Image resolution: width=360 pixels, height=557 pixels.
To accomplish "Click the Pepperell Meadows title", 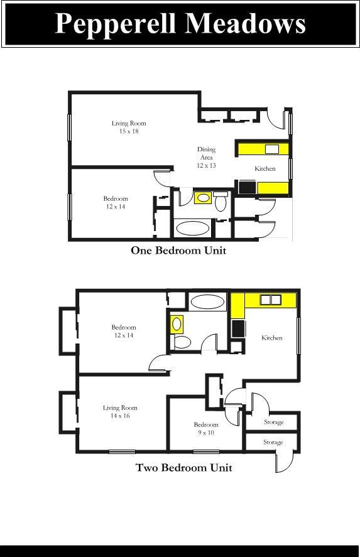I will pyautogui.click(x=180, y=24).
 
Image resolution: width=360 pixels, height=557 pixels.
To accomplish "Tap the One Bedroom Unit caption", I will pyautogui.click(x=178, y=251).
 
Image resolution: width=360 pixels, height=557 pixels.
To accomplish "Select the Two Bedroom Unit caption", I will pyautogui.click(x=184, y=468).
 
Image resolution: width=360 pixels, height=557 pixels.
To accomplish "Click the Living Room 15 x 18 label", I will pyautogui.click(x=129, y=127).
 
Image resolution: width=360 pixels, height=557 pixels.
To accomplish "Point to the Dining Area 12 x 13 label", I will pyautogui.click(x=206, y=157).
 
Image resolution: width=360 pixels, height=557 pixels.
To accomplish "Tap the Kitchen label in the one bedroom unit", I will pyautogui.click(x=265, y=169).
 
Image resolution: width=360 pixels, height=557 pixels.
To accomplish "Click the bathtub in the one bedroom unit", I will pyautogui.click(x=192, y=228).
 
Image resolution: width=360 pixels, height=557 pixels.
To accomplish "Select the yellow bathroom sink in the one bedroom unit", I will pyautogui.click(x=203, y=198).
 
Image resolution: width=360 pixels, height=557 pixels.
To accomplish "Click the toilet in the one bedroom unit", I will pyautogui.click(x=221, y=202).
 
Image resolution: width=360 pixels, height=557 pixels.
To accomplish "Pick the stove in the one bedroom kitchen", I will pyautogui.click(x=246, y=188).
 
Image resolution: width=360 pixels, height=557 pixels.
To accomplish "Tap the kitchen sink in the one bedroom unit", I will pyautogui.click(x=271, y=149).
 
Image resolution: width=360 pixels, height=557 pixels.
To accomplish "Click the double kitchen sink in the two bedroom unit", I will pyautogui.click(x=270, y=300).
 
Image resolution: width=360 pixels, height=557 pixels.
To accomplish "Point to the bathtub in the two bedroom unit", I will pyautogui.click(x=207, y=301).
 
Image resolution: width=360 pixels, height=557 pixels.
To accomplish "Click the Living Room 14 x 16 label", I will pyautogui.click(x=120, y=412).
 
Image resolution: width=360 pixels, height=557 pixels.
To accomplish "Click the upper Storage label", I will pyautogui.click(x=273, y=422).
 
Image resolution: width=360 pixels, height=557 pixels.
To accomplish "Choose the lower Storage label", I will pyautogui.click(x=273, y=442).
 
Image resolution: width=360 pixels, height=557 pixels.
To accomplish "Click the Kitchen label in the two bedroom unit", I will pyautogui.click(x=272, y=338).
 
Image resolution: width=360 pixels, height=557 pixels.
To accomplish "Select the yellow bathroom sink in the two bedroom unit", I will pyautogui.click(x=177, y=324).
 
